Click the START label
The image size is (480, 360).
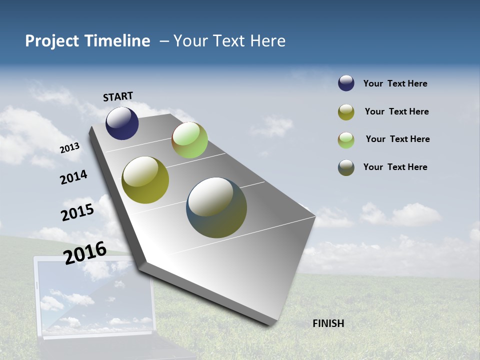[118, 96]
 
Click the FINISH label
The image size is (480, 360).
[328, 323]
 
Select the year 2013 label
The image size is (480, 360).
[69, 148]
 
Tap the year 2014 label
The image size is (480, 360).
[73, 177]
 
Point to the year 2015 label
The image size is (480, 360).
[77, 212]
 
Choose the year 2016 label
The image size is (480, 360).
[85, 252]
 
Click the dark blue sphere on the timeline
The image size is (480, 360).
[122, 123]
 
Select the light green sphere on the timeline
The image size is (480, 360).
[189, 140]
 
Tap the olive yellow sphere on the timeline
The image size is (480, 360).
[145, 180]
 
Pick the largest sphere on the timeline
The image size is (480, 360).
[216, 207]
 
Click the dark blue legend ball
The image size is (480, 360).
[346, 83]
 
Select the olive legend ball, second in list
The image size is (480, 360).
[346, 112]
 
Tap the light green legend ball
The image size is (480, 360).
[346, 140]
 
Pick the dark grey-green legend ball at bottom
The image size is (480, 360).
[346, 167]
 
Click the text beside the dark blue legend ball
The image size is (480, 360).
[395, 83]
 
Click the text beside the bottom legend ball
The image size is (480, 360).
[395, 167]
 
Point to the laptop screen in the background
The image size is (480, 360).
[95, 295]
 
